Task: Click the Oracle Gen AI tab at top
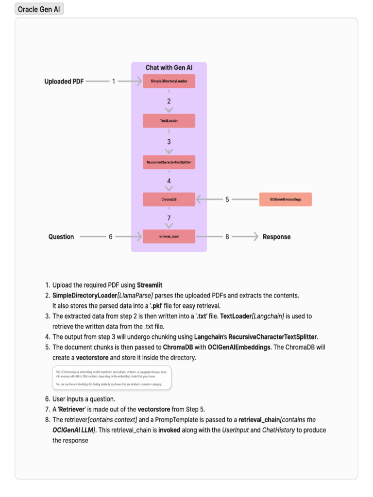pyautogui.click(x=39, y=9)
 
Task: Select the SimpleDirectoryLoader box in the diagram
pyautogui.click(x=169, y=81)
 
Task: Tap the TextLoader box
pyautogui.click(x=169, y=121)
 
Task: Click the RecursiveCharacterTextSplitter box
pyautogui.click(x=169, y=162)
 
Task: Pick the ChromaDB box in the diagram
pyautogui.click(x=169, y=199)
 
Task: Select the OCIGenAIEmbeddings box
pyautogui.click(x=286, y=199)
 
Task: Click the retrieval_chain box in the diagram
pyautogui.click(x=169, y=236)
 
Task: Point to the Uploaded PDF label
pyautogui.click(x=64, y=82)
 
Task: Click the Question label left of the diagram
pyautogui.click(x=61, y=237)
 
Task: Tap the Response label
pyautogui.click(x=276, y=237)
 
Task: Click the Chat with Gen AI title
pyautogui.click(x=169, y=67)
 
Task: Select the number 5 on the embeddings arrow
pyautogui.click(x=227, y=199)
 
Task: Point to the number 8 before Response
pyautogui.click(x=227, y=237)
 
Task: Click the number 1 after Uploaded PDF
pyautogui.click(x=114, y=82)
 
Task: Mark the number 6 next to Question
pyautogui.click(x=111, y=237)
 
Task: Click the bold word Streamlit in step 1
pyautogui.click(x=153, y=285)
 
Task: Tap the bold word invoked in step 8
pyautogui.click(x=172, y=430)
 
